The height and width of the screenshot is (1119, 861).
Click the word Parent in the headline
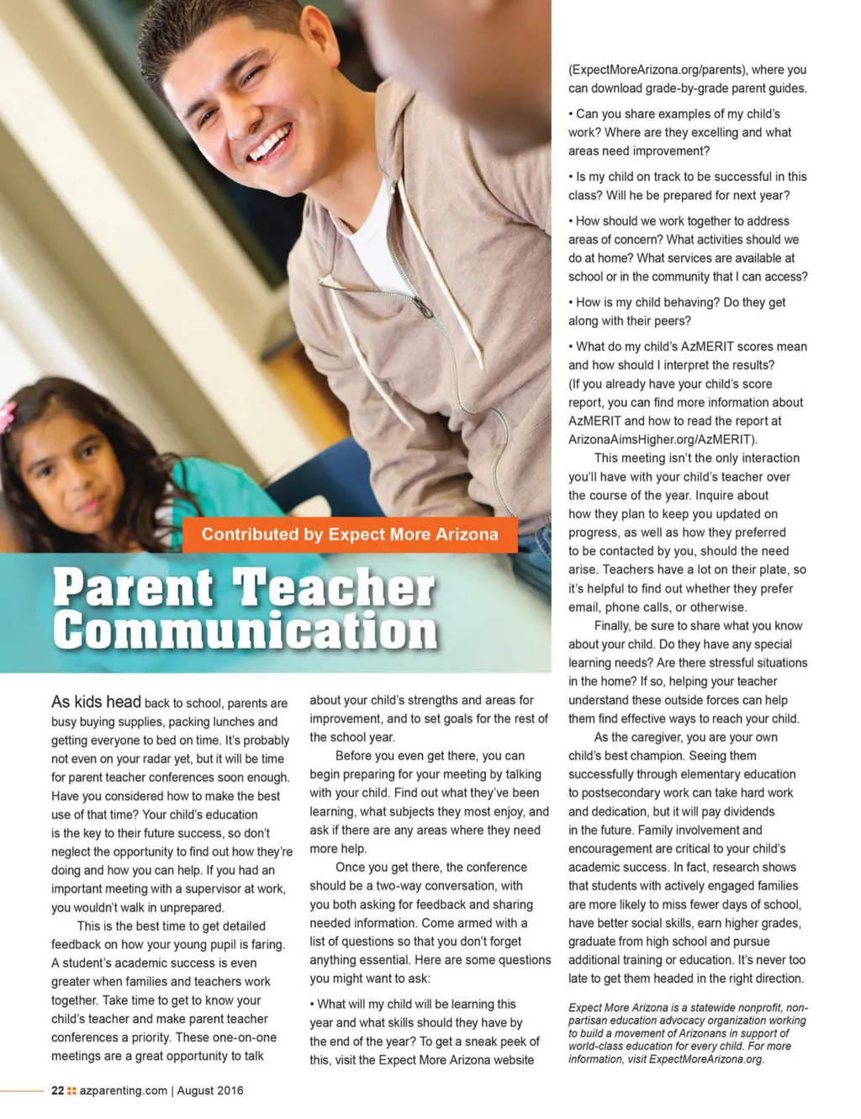point(133,588)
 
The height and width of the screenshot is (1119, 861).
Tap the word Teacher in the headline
point(334,588)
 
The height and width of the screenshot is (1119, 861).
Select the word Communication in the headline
point(245,630)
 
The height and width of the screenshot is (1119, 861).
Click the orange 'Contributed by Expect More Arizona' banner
point(349,535)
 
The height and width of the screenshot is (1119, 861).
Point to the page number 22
point(57,1090)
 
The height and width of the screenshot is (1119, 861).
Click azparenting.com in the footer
point(124,1090)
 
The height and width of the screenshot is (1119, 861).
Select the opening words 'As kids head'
point(96,702)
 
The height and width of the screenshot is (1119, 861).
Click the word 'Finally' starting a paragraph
point(611,625)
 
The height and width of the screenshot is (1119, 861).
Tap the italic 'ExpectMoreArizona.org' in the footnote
point(705,1059)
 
